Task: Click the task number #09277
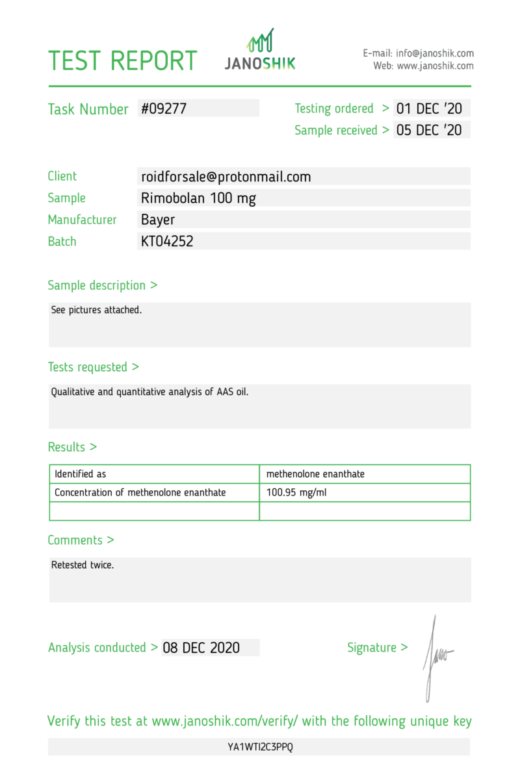164,109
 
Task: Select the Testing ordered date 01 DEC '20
428,109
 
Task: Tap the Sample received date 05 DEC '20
428,130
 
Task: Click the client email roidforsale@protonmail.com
226,176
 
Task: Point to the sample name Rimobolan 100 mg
198,198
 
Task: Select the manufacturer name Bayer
158,220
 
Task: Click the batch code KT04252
167,241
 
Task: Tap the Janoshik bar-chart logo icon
260,40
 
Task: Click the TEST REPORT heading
122,60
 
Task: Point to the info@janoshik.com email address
435,53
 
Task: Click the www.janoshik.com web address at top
435,66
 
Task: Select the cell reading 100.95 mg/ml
296,493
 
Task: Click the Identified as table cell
80,474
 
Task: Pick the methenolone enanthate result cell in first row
315,474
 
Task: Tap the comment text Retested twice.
83,565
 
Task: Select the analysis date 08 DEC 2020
201,647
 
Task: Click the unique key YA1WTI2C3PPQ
260,747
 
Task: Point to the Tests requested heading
93,367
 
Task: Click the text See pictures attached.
96,310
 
